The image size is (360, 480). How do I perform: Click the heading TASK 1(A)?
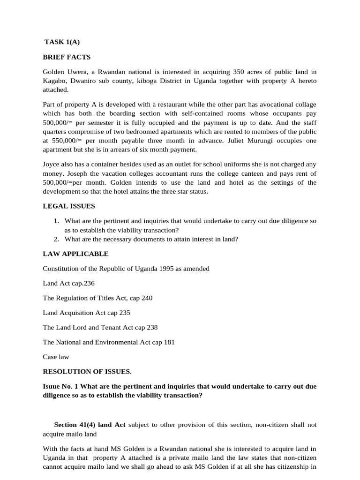(62, 42)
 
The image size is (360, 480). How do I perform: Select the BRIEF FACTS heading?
(67, 57)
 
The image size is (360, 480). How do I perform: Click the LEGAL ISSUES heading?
(68, 206)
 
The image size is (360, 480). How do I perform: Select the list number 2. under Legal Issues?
(56, 239)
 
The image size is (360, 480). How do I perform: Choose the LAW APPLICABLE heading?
(75, 254)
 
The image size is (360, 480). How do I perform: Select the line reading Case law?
(56, 357)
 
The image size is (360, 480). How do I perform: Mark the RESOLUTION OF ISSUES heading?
(87, 372)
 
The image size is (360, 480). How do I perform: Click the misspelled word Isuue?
(52, 387)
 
